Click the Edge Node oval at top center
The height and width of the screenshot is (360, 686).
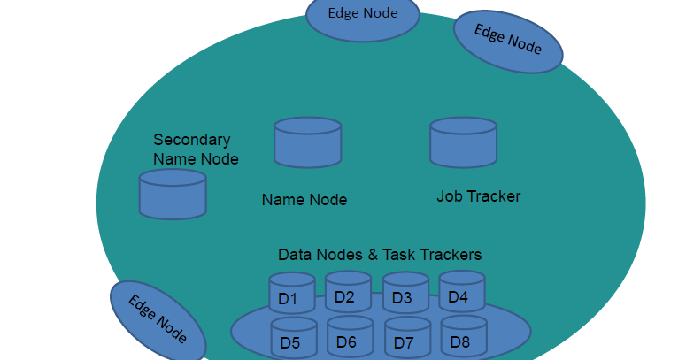pyautogui.click(x=362, y=16)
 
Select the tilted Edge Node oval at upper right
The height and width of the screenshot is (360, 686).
pyautogui.click(x=508, y=41)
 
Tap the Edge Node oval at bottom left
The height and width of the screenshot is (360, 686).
pyautogui.click(x=158, y=319)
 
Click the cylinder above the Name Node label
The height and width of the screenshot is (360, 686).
pyautogui.click(x=307, y=142)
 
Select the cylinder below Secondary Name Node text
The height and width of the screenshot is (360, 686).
pyautogui.click(x=173, y=194)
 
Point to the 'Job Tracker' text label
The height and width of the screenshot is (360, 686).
pyautogui.click(x=478, y=196)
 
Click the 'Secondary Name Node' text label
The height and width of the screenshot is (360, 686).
pyautogui.click(x=196, y=149)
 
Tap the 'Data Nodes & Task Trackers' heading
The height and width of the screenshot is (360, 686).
pyautogui.click(x=380, y=255)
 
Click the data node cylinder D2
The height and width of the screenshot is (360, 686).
pyautogui.click(x=348, y=292)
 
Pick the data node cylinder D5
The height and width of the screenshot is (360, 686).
pyautogui.click(x=293, y=337)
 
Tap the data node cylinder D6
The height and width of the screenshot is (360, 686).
pyautogui.click(x=350, y=337)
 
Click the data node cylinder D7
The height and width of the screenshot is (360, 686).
pyautogui.click(x=407, y=338)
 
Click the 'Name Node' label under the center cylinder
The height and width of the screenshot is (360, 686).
pyautogui.click(x=304, y=200)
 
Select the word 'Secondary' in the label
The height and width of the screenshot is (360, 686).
pyautogui.click(x=192, y=140)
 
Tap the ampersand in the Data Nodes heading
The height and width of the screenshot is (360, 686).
pyautogui.click(x=374, y=255)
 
